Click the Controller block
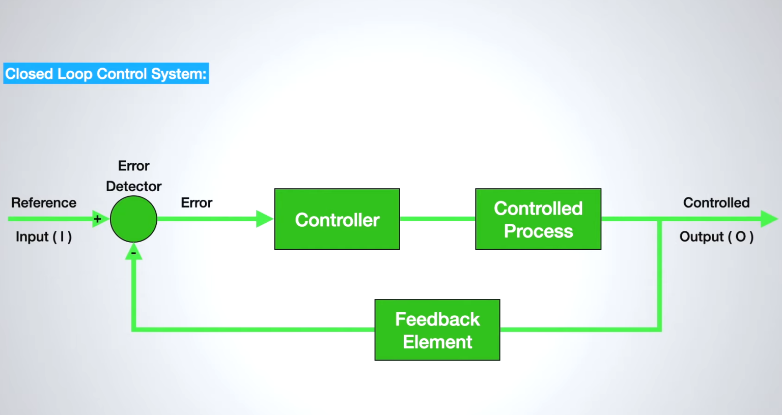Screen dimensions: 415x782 (x=337, y=219)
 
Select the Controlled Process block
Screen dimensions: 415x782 (x=538, y=219)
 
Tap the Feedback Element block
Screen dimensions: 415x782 (x=437, y=330)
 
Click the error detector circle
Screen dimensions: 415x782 (x=133, y=219)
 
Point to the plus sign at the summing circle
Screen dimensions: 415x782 (x=98, y=219)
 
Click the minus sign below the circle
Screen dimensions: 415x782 (x=134, y=253)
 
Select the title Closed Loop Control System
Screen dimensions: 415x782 (x=106, y=74)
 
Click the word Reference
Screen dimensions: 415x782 (x=44, y=202)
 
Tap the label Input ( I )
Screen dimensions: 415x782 (x=44, y=236)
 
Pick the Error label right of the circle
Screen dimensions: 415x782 (x=197, y=202)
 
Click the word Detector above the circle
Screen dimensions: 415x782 (x=133, y=186)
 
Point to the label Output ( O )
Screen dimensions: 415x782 (x=716, y=236)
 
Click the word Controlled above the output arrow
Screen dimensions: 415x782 (x=716, y=202)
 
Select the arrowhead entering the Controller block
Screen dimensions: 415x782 (x=264, y=219)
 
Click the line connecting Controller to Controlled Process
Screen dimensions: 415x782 (x=437, y=219)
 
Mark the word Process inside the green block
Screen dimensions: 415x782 (x=538, y=231)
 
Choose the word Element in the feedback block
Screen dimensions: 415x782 (x=437, y=342)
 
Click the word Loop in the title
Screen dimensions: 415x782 (x=75, y=74)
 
